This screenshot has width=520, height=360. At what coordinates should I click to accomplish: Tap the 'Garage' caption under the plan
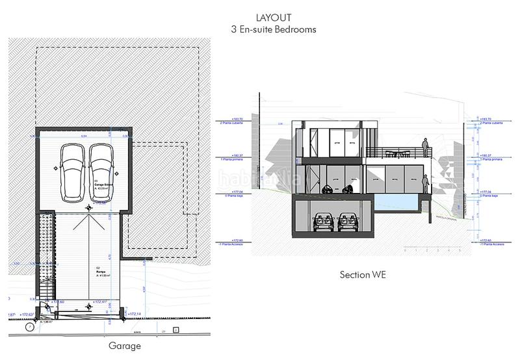125,346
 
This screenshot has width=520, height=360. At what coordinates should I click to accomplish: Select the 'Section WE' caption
363,275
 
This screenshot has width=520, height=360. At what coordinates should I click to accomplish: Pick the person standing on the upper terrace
424,147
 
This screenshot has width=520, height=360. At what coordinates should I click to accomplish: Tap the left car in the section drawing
322,222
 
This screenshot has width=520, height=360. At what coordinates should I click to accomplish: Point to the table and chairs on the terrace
396,153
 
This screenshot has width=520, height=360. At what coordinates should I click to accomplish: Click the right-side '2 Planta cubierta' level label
492,123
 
